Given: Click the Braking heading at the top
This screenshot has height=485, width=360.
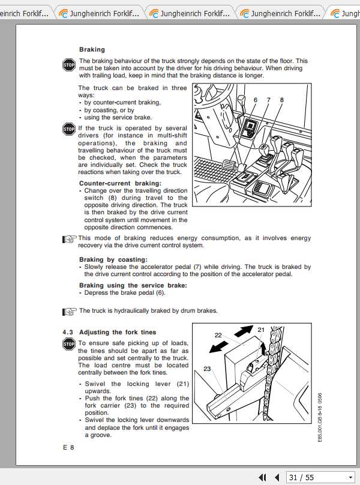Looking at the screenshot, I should pyautogui.click(x=92, y=49).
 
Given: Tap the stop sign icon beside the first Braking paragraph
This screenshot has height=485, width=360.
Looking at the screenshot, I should pyautogui.click(x=68, y=65).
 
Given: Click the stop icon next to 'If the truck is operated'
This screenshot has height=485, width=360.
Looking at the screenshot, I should pyautogui.click(x=68, y=129).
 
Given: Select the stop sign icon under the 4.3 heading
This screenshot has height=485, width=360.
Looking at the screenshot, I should pyautogui.click(x=68, y=344).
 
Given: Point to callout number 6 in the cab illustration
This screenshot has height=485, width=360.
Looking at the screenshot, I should pyautogui.click(x=255, y=100).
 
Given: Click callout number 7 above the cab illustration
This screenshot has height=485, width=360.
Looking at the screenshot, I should pyautogui.click(x=268, y=100).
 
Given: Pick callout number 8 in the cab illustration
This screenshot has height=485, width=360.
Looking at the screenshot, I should pyautogui.click(x=281, y=100).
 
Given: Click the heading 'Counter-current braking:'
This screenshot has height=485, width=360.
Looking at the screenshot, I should pyautogui.click(x=120, y=183).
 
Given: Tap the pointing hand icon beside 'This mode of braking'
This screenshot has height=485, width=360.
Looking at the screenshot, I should pyautogui.click(x=70, y=239).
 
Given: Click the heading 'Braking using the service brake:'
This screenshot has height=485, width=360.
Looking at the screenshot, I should pyautogui.click(x=133, y=285).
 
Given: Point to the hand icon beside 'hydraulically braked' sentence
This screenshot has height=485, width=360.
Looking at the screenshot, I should pyautogui.click(x=70, y=311).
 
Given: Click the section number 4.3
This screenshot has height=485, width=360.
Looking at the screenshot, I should pyautogui.click(x=68, y=332).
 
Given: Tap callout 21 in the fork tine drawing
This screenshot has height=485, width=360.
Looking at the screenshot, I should pyautogui.click(x=261, y=330).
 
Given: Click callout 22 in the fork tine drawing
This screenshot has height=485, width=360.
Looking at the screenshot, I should pyautogui.click(x=218, y=336).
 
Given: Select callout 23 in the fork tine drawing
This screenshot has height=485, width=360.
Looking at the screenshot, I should pyautogui.click(x=207, y=369).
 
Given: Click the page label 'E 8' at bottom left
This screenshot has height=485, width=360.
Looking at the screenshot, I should pyautogui.click(x=68, y=448).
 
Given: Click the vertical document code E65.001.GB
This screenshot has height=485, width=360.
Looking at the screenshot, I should pyautogui.click(x=320, y=417).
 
